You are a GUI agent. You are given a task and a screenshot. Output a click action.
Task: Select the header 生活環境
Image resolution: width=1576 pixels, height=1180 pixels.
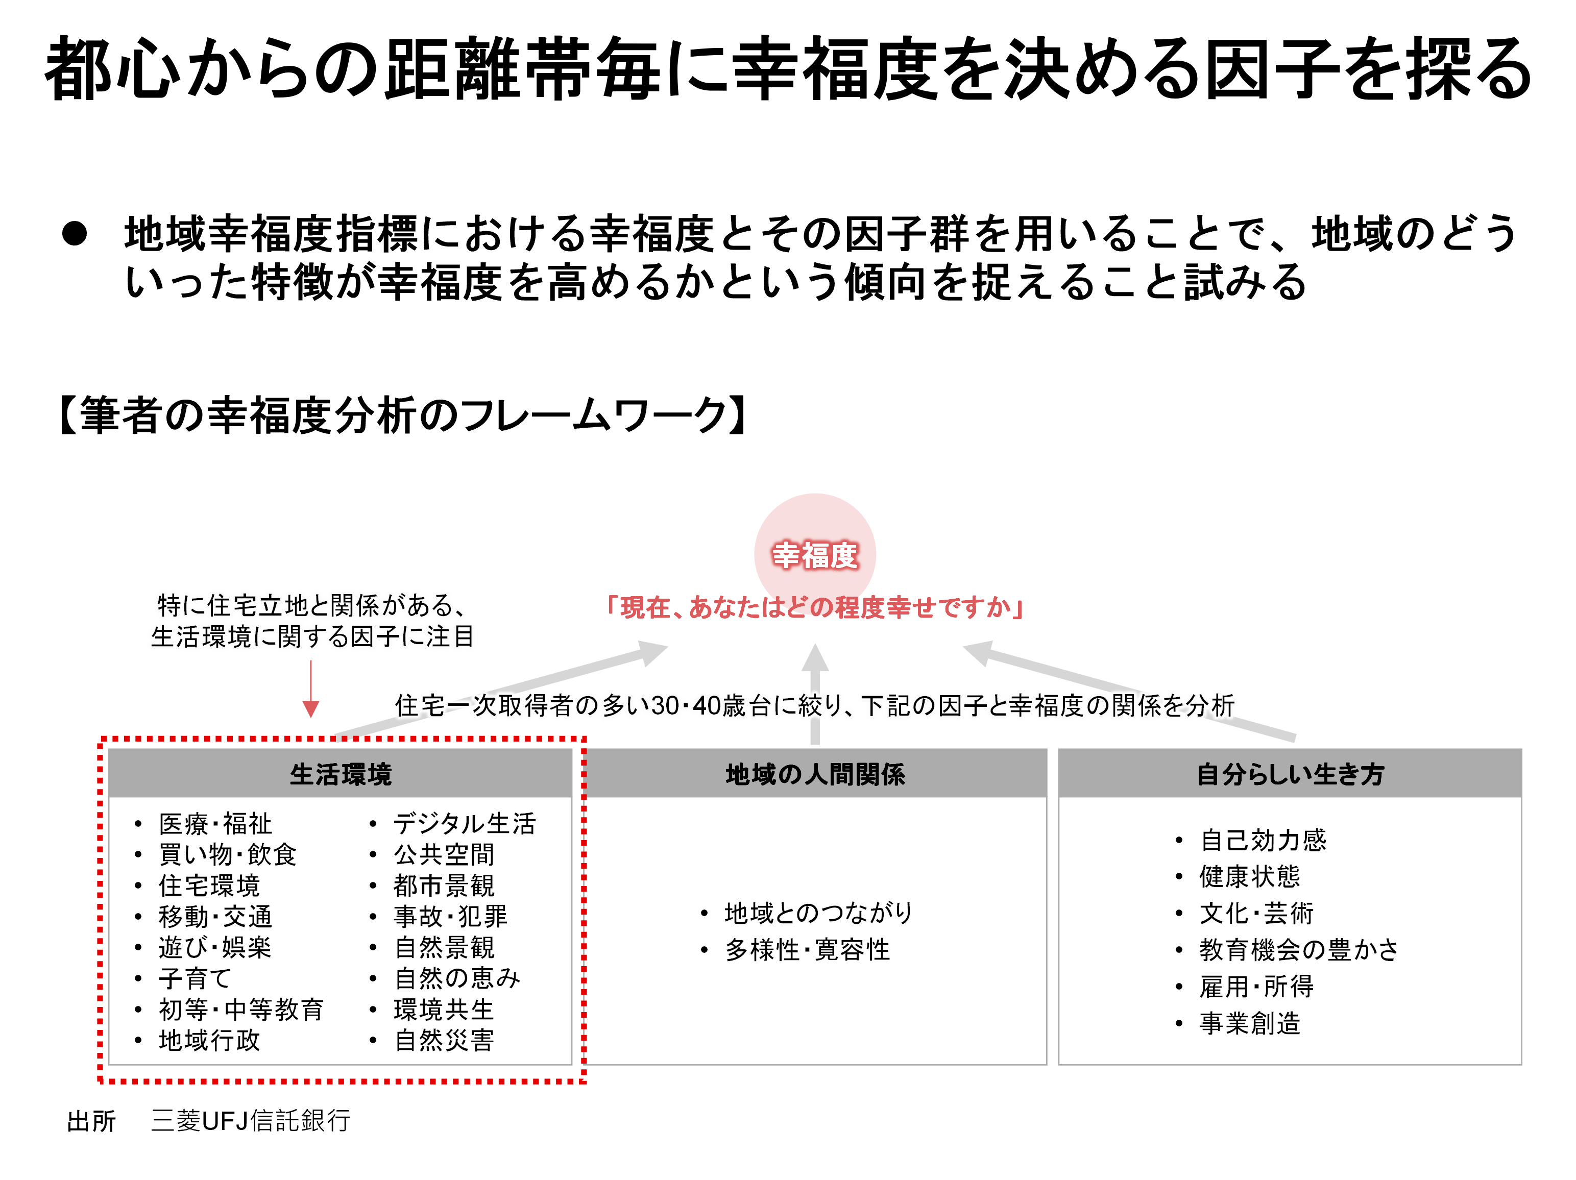[341, 774]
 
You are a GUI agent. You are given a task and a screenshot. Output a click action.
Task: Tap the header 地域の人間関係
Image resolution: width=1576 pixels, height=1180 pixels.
[815, 774]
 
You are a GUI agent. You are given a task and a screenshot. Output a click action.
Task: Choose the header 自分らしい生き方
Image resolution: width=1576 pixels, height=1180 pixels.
[1290, 774]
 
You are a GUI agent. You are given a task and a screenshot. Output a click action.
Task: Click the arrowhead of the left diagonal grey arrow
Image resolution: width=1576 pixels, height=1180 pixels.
[652, 652]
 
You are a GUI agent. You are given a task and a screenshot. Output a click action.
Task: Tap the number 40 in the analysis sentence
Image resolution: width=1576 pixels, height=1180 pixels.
[706, 706]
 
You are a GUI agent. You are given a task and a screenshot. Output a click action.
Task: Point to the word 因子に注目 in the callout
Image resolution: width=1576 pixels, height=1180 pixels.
[413, 636]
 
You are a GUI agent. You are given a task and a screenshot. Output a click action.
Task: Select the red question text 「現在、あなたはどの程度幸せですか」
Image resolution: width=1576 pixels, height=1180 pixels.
[815, 607]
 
